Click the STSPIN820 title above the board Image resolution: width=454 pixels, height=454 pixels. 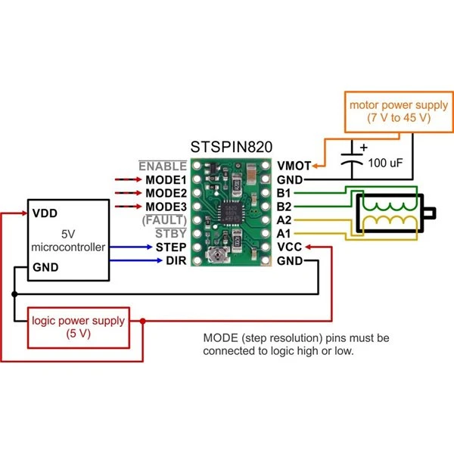(x=232, y=147)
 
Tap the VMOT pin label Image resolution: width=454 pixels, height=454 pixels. (x=293, y=166)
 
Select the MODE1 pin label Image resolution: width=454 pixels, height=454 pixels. (x=166, y=180)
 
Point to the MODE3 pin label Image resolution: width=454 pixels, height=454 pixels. (x=166, y=207)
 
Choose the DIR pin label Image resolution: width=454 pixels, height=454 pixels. (x=176, y=260)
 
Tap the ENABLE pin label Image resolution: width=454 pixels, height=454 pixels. (x=162, y=166)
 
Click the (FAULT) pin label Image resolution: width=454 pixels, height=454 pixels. (x=164, y=220)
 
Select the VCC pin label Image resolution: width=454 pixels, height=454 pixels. (x=290, y=247)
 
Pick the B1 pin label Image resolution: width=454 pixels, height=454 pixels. (x=284, y=193)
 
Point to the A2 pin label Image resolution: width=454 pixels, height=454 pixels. (x=284, y=220)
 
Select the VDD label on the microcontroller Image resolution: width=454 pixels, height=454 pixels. (x=44, y=213)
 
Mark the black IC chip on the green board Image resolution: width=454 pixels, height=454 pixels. (x=232, y=213)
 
